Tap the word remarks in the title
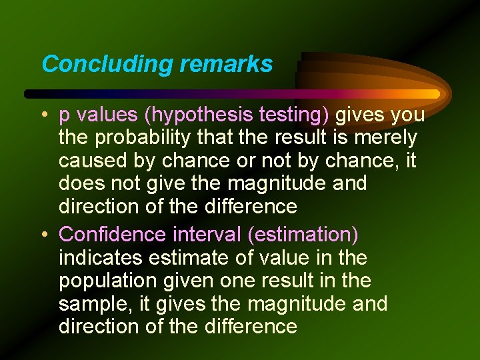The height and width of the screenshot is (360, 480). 226,64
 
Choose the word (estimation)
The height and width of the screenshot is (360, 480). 302,235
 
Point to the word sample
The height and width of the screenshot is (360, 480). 93,304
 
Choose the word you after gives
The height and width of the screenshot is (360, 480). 408,115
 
